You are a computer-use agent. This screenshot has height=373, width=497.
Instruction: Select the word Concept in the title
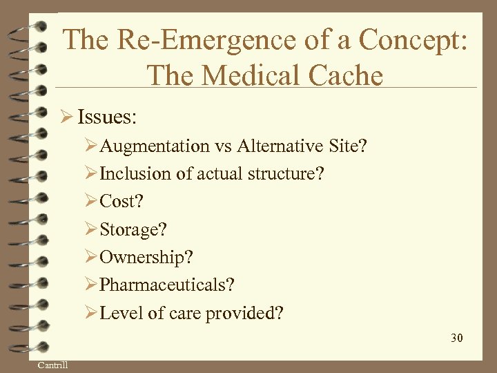(x=418, y=39)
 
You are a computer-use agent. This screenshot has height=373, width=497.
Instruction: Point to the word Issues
(x=107, y=117)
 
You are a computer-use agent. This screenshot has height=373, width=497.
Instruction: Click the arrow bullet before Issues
(x=67, y=117)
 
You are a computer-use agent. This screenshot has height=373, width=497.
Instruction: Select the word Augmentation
(x=155, y=146)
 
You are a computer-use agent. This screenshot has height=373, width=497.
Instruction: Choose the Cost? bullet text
(x=121, y=202)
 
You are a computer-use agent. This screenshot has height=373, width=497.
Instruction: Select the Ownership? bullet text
(x=146, y=257)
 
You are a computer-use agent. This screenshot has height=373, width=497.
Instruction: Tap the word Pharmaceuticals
(x=164, y=285)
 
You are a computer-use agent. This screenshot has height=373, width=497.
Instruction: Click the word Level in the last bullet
(x=122, y=313)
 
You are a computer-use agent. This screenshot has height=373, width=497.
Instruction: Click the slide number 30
(x=456, y=338)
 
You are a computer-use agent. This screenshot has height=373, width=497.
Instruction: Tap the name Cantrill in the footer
(x=53, y=365)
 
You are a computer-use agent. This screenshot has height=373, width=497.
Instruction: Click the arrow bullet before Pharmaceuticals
(x=91, y=285)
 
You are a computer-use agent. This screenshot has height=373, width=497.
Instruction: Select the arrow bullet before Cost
(x=91, y=202)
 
